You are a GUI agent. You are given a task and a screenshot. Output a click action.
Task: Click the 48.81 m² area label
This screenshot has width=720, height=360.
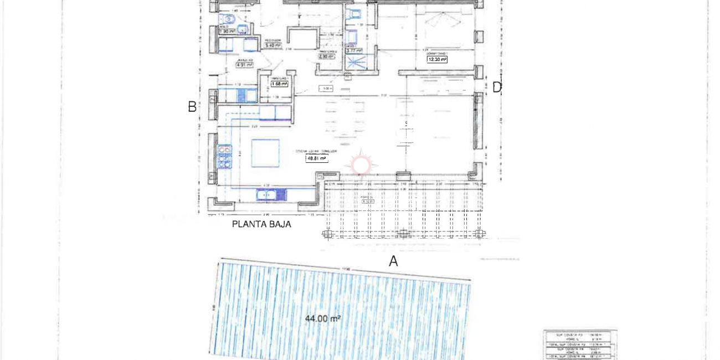point(316,158)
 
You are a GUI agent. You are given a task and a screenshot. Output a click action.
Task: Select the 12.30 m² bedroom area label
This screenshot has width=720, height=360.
point(436,59)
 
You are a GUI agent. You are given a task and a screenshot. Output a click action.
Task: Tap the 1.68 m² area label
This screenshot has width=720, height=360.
point(279,84)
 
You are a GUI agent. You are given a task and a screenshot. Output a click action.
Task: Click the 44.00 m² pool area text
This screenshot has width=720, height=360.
point(322,318)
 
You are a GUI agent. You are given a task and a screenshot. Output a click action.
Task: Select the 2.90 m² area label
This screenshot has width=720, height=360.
point(326,56)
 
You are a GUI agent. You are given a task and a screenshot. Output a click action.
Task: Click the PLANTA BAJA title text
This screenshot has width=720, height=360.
point(261,224)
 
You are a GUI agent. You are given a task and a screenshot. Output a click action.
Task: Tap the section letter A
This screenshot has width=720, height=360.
point(393,261)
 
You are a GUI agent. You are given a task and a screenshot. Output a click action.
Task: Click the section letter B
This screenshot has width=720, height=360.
point(192,107)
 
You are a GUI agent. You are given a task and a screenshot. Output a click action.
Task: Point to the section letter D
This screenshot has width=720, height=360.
point(497,87)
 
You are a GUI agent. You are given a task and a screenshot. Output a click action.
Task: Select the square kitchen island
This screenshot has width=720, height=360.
point(265,153)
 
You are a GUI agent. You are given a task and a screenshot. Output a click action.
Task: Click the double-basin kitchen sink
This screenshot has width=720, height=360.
point(271,194)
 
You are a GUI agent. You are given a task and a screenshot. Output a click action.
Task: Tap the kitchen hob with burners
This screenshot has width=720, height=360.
point(224,157)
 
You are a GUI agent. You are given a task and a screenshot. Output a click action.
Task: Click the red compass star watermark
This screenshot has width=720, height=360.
point(361,164)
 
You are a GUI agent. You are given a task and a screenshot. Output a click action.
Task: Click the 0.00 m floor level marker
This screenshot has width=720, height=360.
point(326,88)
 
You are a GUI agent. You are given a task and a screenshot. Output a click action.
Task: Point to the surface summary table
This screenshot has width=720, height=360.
point(580,344)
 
